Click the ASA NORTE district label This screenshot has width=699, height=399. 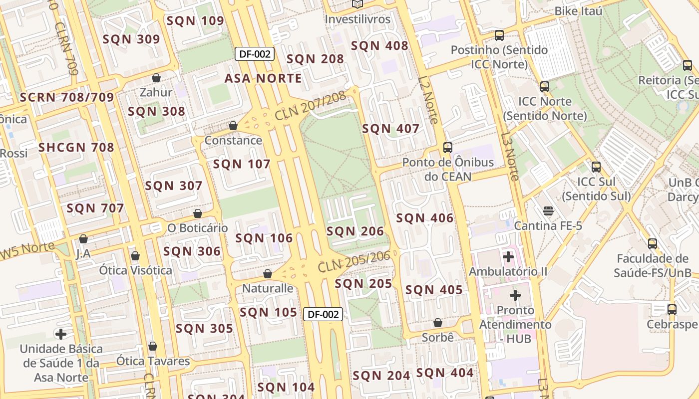[263, 78]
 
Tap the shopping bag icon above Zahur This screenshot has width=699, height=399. [156, 78]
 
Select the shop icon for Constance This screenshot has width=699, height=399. [233, 126]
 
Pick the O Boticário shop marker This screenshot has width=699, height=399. [198, 213]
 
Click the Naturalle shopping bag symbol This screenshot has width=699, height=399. [268, 274]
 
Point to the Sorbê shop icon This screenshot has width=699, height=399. [438, 323]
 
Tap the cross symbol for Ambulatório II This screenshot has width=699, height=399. [508, 257]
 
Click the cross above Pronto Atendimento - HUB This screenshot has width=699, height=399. [515, 295]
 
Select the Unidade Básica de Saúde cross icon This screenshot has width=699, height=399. [61, 334]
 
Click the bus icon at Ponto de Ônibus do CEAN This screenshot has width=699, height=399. [448, 148]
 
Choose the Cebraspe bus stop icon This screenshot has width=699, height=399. [672, 309]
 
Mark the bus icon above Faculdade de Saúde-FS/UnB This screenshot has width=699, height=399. [653, 243]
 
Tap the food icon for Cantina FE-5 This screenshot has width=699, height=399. [548, 210]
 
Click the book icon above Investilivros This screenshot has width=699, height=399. [357, 4]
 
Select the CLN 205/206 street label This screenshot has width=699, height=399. [353, 262]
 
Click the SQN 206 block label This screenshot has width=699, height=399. [355, 231]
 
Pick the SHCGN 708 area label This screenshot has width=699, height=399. [76, 147]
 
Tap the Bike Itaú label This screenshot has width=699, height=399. [578, 10]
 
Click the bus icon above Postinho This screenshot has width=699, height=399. [499, 35]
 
